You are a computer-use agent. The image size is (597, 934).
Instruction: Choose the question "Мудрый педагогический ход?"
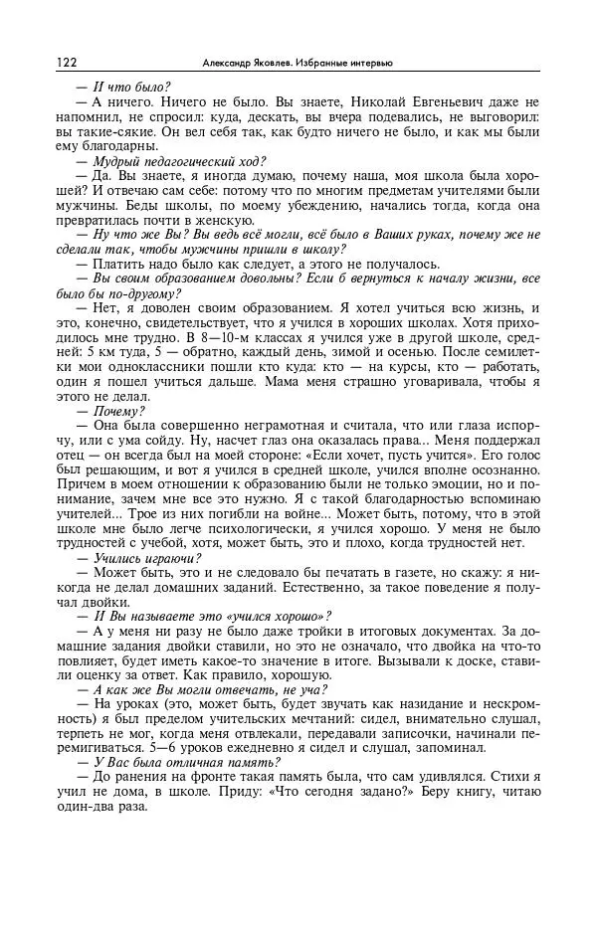pyautogui.click(x=179, y=161)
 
